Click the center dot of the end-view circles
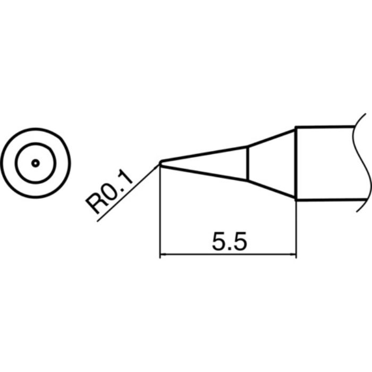click(x=35, y=163)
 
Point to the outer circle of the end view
click(x=35, y=129)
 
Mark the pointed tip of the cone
click(x=160, y=163)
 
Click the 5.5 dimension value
click(x=229, y=242)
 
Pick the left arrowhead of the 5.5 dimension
click(x=164, y=256)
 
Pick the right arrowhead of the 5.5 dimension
click(x=292, y=256)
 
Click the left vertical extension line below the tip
click(x=160, y=213)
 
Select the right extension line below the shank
click(x=296, y=229)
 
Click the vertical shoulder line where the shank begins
click(x=296, y=163)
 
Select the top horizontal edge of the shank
click(x=324, y=127)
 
